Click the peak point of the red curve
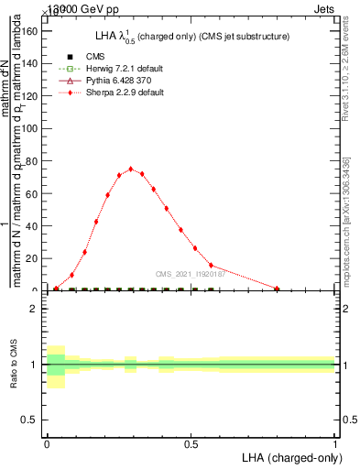pos(131,169)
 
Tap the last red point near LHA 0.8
pos(277,288)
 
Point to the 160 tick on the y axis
pos(33,30)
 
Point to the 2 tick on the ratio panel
pos(35,309)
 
